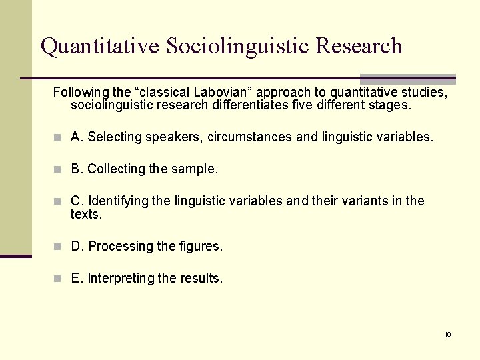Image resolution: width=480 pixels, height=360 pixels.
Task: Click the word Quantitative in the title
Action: pos(100,46)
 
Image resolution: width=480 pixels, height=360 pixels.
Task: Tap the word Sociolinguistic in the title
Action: pos(238,46)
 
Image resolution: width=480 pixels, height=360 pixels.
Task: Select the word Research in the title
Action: pos(359,46)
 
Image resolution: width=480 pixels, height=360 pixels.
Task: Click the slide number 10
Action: pos(448,334)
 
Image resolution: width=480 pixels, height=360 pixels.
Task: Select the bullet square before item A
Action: pos(59,137)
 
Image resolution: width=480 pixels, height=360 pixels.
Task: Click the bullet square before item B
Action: pos(59,169)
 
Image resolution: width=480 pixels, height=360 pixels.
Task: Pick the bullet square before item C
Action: pos(59,201)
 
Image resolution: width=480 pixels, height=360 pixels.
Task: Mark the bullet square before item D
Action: pos(59,247)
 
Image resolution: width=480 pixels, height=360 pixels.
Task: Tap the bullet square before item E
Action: pos(59,279)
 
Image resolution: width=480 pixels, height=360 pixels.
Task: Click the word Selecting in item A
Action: pos(114,137)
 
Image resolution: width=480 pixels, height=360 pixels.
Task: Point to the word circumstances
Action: pos(249,137)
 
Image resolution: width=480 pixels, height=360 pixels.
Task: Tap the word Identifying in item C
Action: pos(118,201)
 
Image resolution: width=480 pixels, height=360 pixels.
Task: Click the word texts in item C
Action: pos(85,215)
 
